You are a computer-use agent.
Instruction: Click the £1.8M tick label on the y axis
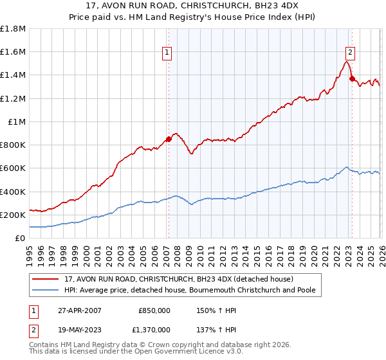[x=13, y=29]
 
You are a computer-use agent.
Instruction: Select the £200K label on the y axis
[x=13, y=215]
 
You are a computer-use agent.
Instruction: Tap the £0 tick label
[x=21, y=238]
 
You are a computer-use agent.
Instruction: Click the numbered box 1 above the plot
[x=167, y=53]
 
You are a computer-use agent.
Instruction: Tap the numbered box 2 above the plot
[x=351, y=53]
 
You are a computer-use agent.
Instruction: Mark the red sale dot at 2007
[x=169, y=139]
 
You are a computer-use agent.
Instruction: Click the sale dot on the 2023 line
[x=352, y=78]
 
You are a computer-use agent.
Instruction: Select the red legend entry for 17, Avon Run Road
[x=179, y=279]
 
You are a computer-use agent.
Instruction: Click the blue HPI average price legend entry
[x=188, y=291]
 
